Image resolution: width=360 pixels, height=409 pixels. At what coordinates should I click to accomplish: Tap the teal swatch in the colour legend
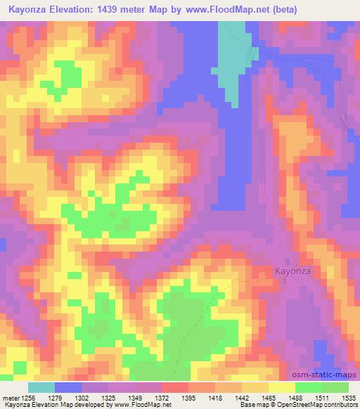(41, 387)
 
